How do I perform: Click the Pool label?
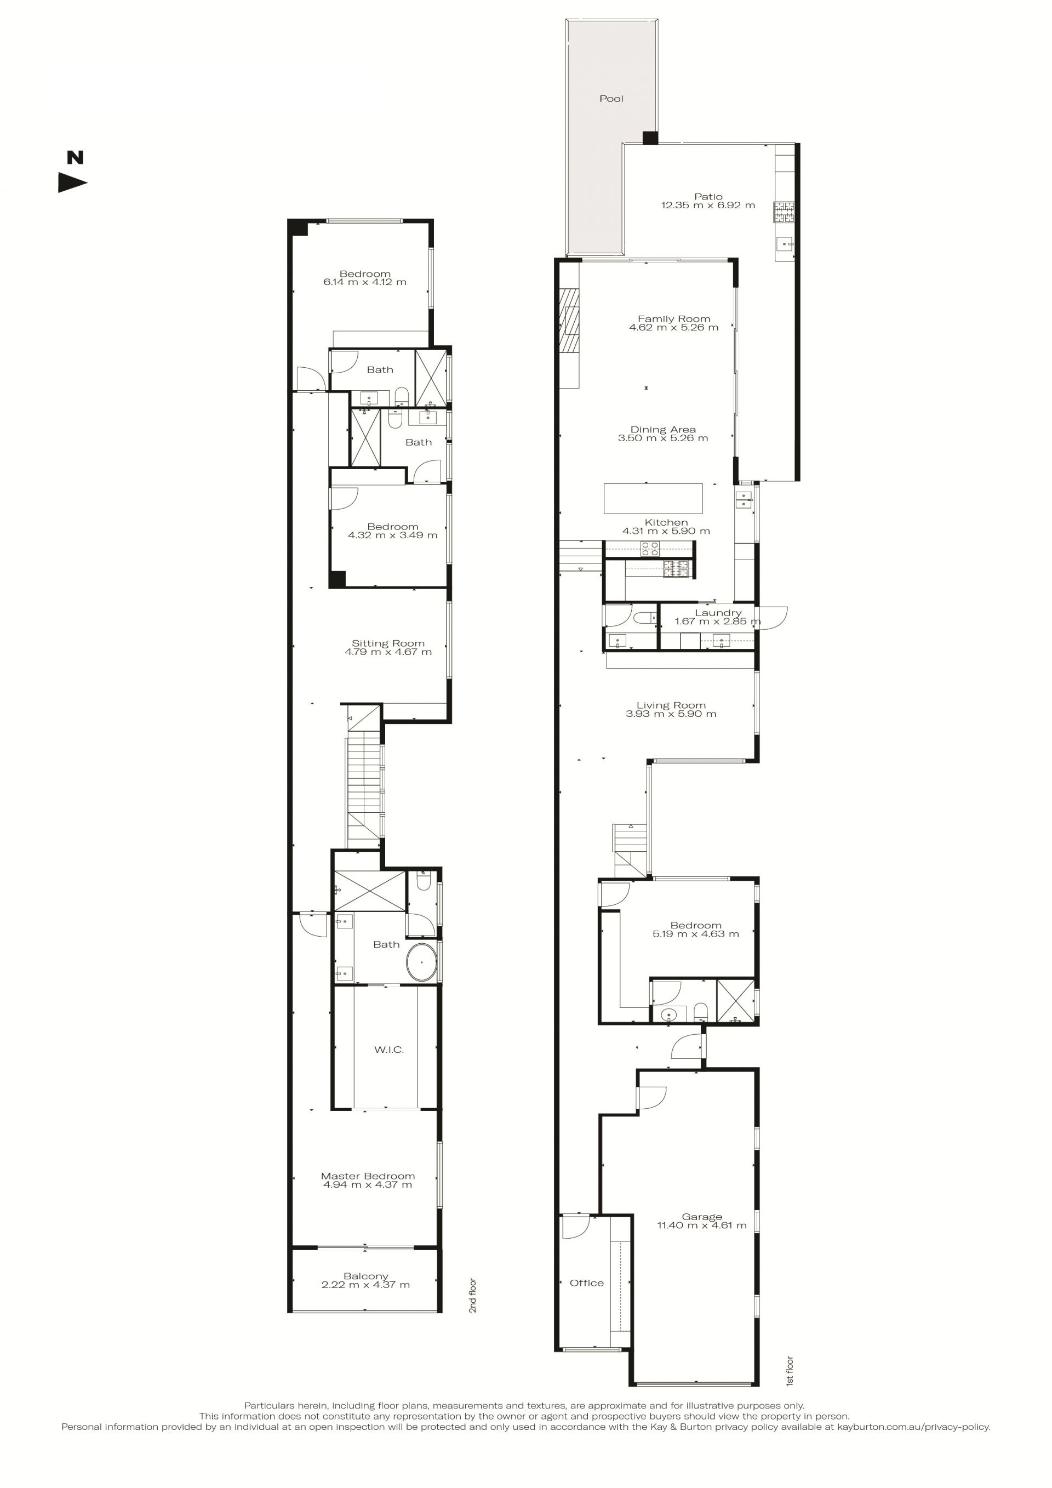point(611,99)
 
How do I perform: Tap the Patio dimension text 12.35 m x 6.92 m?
point(708,206)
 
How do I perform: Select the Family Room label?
point(674,319)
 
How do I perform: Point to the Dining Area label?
point(662,430)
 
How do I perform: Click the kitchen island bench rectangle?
point(653,498)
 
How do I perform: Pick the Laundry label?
point(718,612)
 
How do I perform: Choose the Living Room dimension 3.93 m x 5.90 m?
point(671,714)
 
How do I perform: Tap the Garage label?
point(701,1217)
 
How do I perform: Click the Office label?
point(586,1283)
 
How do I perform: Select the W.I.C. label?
point(388,1050)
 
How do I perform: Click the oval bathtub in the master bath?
point(422,962)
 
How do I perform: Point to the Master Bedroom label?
point(368,1176)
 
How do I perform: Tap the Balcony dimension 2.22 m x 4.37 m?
point(365,1285)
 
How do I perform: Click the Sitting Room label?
point(388,643)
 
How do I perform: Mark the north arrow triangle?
point(72,183)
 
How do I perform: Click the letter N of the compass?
point(76,157)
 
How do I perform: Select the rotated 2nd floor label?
point(473,1296)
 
